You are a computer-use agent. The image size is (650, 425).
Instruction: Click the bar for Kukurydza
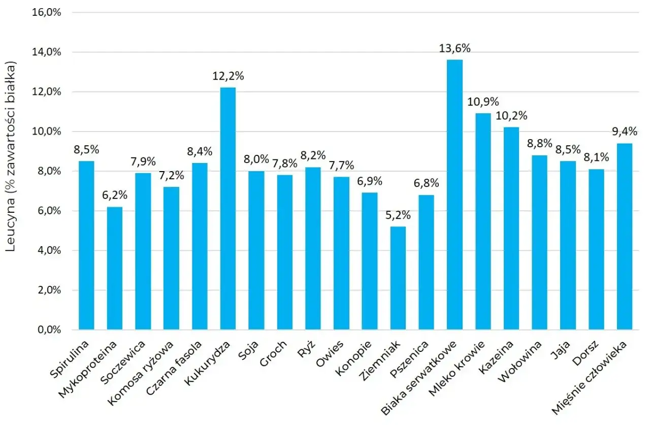coord(228,208)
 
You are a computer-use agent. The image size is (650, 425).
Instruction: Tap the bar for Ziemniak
coord(398,278)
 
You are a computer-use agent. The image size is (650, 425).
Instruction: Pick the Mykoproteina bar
coord(115,268)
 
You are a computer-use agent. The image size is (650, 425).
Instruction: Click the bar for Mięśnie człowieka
coord(625,236)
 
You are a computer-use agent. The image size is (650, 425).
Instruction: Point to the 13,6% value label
coord(454,49)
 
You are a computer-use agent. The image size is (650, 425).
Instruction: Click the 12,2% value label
coord(228,77)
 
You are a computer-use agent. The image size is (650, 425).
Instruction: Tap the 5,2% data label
coord(398,215)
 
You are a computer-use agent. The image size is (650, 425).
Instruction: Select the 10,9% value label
coord(482,102)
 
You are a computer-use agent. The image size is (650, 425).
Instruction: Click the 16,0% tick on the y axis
coord(46,13)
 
